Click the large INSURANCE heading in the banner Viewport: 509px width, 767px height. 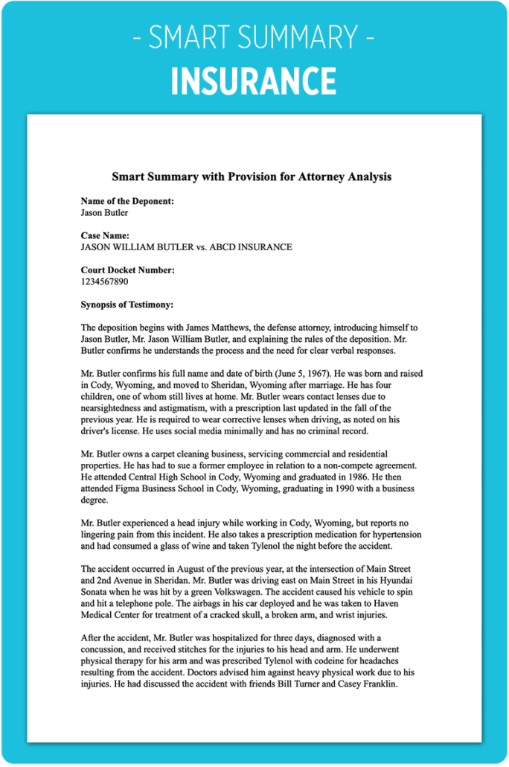(x=254, y=80)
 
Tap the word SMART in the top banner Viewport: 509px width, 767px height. (x=193, y=38)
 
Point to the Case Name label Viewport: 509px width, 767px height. (x=105, y=235)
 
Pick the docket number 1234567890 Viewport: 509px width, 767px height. (x=105, y=281)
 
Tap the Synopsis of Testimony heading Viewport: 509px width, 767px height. (x=127, y=305)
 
